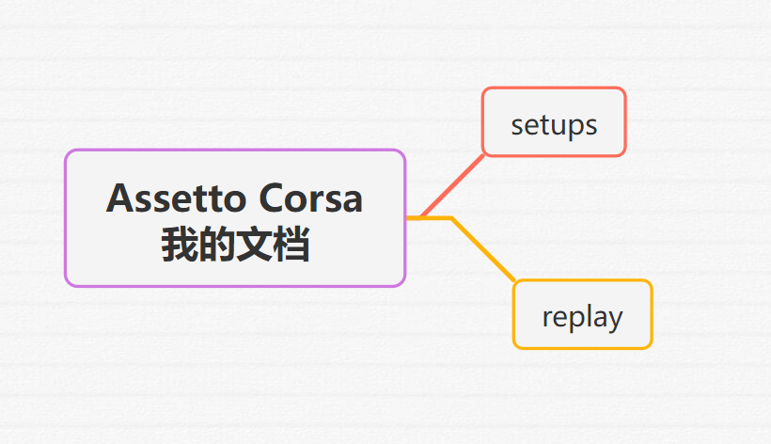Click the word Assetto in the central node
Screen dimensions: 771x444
(x=176, y=198)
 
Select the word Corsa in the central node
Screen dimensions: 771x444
(x=311, y=198)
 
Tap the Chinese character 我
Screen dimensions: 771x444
(x=180, y=244)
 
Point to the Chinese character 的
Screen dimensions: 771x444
(x=217, y=244)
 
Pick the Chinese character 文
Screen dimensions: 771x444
(x=254, y=244)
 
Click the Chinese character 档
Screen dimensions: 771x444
(x=291, y=244)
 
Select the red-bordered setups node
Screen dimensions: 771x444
(x=554, y=122)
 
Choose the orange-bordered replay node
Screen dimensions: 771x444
(x=582, y=314)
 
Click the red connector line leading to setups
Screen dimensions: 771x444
(x=452, y=186)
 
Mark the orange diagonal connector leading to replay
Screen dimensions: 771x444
(x=483, y=249)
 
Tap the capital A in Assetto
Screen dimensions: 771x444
(x=121, y=198)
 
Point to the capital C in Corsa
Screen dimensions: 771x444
(x=273, y=198)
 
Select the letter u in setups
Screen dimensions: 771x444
(x=556, y=126)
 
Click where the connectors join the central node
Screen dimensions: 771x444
(x=407, y=218)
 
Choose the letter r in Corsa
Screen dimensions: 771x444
(x=322, y=201)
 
